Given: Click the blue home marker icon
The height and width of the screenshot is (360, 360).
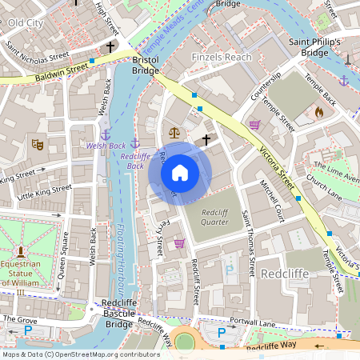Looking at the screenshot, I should click(180, 172).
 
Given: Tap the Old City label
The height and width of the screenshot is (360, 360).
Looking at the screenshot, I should click(25, 22).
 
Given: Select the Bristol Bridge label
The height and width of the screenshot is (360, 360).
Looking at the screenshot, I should click(146, 66).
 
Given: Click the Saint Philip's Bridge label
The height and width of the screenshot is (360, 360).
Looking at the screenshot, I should click(314, 47).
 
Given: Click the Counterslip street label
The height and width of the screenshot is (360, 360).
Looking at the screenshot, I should click(266, 85).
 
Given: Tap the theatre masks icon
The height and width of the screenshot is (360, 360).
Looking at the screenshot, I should click(36, 145).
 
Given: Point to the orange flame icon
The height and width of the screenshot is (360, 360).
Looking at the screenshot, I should click(319, 112).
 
